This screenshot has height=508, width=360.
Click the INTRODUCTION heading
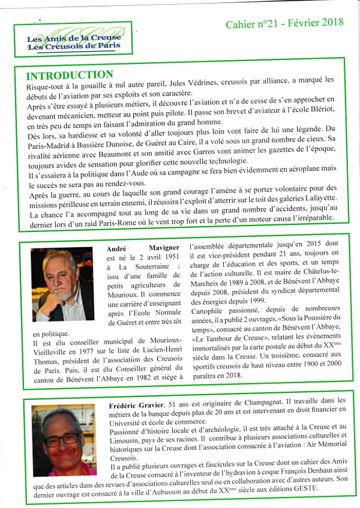click(x=69, y=75)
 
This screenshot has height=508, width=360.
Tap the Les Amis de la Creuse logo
click(x=74, y=39)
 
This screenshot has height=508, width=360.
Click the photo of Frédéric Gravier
click(x=64, y=441)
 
